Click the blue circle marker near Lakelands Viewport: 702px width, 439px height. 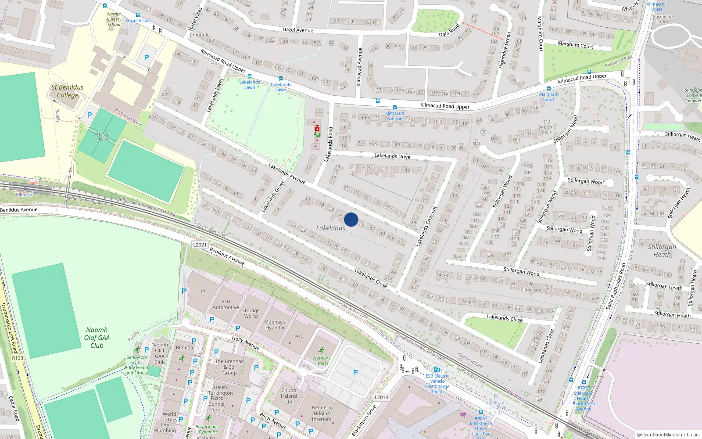coord(351,219)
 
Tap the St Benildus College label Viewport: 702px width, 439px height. coord(68,91)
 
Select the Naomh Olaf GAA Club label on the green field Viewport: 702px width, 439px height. coord(97,338)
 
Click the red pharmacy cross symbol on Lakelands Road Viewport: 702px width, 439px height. coord(317,129)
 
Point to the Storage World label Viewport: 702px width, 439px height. coord(251,313)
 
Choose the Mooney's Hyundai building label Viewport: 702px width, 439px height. coord(275,325)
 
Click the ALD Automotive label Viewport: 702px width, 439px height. coord(226,304)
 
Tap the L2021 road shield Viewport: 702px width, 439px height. coord(200,245)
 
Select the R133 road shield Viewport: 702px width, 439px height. coord(18,358)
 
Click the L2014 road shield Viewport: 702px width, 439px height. coord(381,397)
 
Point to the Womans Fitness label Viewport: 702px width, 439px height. coord(321,360)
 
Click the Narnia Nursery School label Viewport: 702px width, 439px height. coord(114,19)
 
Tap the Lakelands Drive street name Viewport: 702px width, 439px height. coord(392,156)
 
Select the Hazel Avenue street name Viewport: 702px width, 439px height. coord(298,30)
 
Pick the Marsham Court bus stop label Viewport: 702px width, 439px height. coord(549,97)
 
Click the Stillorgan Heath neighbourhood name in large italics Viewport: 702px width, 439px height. coord(662,250)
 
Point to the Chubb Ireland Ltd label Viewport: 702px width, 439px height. coord(289,396)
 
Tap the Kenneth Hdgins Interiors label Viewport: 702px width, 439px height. coord(322,413)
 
